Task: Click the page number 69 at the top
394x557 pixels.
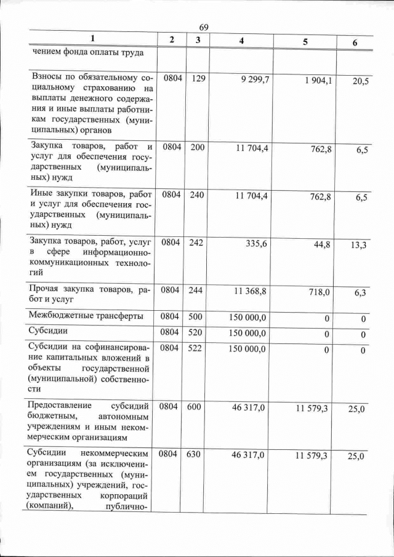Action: (x=204, y=28)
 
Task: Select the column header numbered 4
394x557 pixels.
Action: (x=241, y=40)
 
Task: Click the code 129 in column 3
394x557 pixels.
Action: (x=198, y=79)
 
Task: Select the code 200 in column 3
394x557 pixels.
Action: (x=198, y=148)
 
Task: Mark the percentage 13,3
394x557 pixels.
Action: (x=359, y=246)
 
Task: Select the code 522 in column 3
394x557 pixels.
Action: (x=198, y=348)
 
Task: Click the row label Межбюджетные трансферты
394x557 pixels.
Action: (x=86, y=316)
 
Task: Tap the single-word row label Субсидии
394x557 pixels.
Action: (x=49, y=332)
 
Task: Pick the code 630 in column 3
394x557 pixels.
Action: (x=198, y=454)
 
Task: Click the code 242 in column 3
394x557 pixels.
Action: (x=198, y=243)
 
